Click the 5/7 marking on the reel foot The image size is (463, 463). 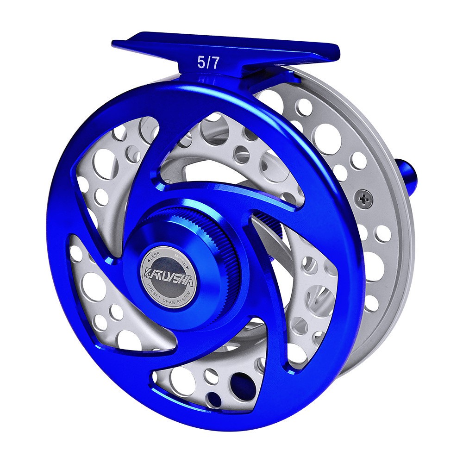tap(208, 63)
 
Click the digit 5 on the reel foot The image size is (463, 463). tap(201, 63)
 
